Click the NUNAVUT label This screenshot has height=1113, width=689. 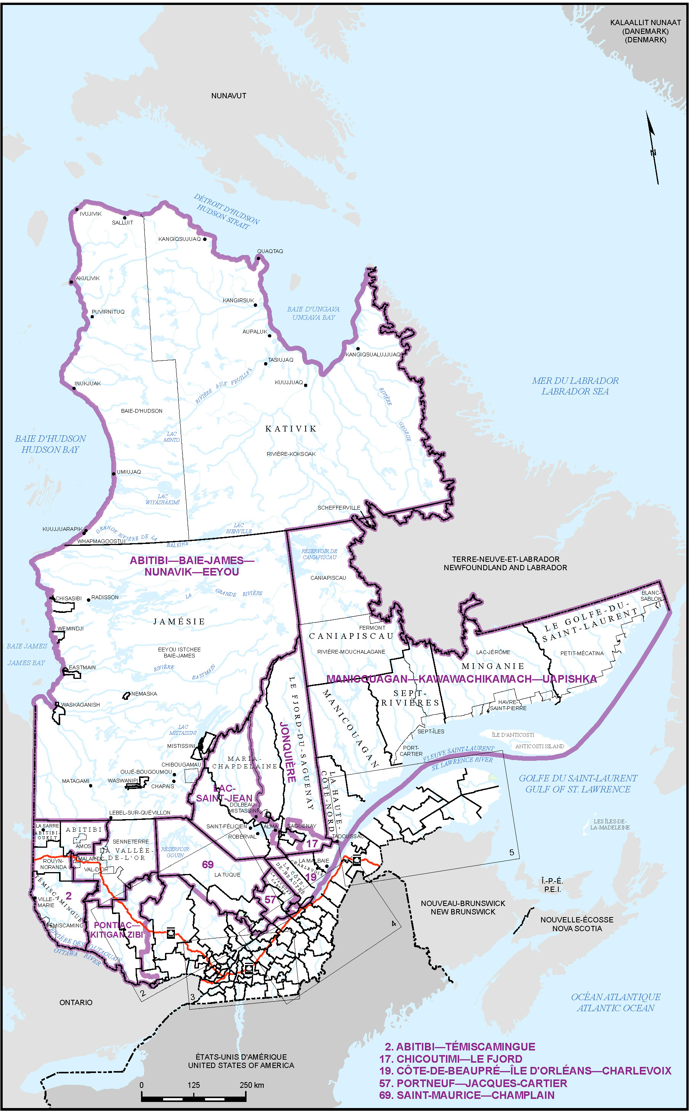pos(228,96)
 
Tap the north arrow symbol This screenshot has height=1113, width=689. pos(652,148)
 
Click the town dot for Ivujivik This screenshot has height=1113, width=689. pos(77,210)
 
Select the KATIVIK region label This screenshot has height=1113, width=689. pos(291,428)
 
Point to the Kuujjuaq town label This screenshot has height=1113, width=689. pos(288,382)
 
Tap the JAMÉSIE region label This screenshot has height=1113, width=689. pos(179,622)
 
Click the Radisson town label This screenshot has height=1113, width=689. pos(105,598)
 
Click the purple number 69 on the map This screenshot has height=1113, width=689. pos(208,864)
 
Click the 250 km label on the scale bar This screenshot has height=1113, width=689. pos(252,1085)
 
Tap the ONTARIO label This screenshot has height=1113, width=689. pos(75,1003)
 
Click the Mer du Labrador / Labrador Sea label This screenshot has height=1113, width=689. pos(575,386)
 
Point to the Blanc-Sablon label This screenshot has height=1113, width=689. pos(651,596)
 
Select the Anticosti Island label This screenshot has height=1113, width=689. pos(539,746)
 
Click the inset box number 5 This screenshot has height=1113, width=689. pos(511,852)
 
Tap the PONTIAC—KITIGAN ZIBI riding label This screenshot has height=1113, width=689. pos(116,930)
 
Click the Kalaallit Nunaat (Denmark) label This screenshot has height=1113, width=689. pos(645,31)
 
